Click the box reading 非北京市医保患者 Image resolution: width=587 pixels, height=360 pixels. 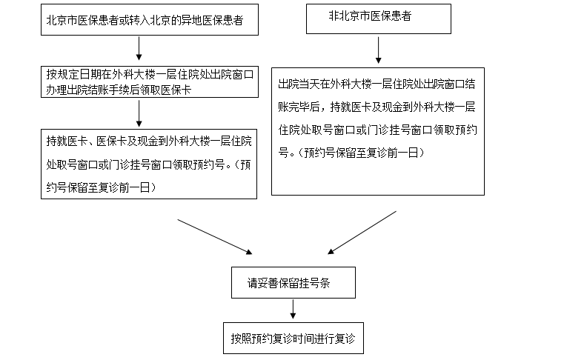click(x=378, y=19)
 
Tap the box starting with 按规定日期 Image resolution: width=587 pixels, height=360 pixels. click(x=149, y=81)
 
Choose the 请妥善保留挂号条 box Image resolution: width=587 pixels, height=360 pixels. click(x=293, y=282)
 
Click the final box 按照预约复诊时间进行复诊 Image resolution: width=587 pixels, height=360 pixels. click(x=294, y=337)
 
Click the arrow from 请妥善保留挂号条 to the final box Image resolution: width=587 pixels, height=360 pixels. click(x=294, y=309)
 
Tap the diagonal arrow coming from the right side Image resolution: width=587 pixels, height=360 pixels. click(x=362, y=233)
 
